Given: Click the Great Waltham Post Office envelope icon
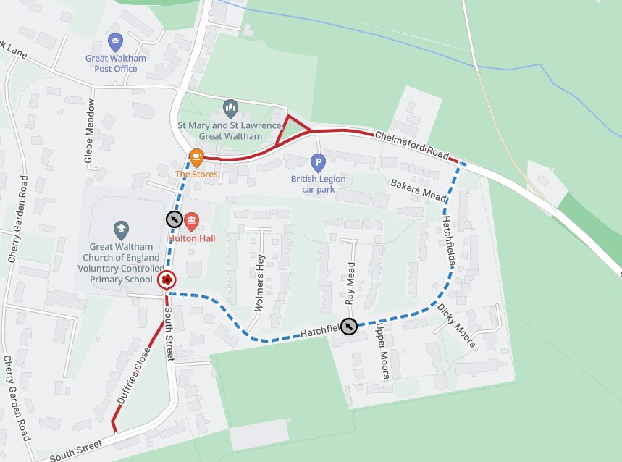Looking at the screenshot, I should click(114, 41).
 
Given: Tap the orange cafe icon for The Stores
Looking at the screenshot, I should click(196, 157).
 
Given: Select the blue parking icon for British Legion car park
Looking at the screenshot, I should click(318, 162).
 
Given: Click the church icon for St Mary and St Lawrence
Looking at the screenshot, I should click(230, 109).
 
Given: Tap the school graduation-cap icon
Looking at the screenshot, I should click(121, 230).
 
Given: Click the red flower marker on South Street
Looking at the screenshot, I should click(166, 280).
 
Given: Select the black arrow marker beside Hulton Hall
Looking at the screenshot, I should click(174, 219).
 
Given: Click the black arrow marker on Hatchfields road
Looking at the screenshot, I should click(349, 327).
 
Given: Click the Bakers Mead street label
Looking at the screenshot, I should click(419, 190).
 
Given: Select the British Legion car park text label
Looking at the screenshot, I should click(318, 184).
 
